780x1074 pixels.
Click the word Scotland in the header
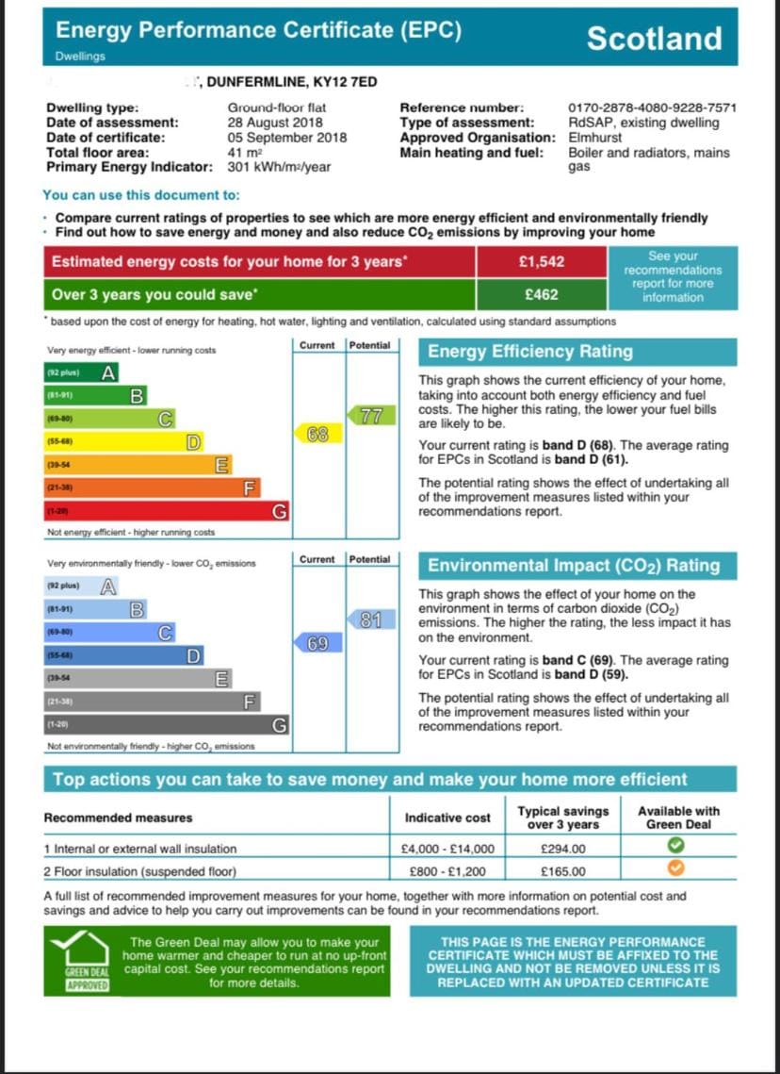654,39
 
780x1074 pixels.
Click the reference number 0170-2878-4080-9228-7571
652,107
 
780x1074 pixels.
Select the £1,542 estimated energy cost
542,262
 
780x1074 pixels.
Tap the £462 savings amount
542,294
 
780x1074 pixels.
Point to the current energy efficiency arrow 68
317,435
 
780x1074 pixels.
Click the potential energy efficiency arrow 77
369,415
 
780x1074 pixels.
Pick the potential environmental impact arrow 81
369,620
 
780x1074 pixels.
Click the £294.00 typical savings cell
563,850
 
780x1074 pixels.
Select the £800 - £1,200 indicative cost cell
447,871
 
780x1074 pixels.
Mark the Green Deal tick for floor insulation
677,870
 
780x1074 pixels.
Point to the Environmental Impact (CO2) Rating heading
574,566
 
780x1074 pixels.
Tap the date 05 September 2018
286,138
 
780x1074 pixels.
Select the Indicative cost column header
447,818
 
